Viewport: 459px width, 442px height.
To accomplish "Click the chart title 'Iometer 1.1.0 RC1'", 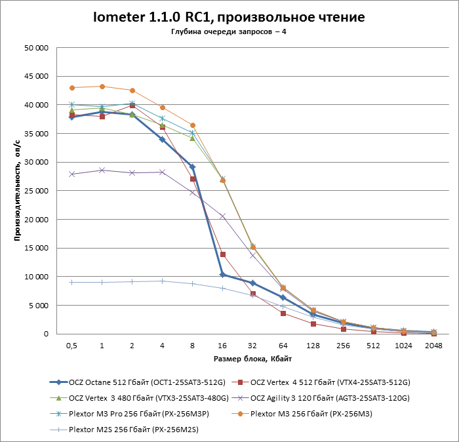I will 229,17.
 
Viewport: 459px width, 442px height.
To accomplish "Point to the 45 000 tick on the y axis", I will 36,76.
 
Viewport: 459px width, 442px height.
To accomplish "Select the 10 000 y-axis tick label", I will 36,277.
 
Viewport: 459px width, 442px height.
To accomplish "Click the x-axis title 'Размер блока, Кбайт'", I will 252,359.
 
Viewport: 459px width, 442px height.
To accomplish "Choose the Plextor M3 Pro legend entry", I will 132,413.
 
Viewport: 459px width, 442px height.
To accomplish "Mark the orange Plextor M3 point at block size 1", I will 102,87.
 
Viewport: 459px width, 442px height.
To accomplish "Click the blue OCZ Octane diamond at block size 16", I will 222,274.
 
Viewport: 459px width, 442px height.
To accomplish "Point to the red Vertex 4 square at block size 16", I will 223,254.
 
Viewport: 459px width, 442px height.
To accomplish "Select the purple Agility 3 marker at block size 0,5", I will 72,174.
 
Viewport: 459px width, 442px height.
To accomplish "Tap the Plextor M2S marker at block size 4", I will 162,281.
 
